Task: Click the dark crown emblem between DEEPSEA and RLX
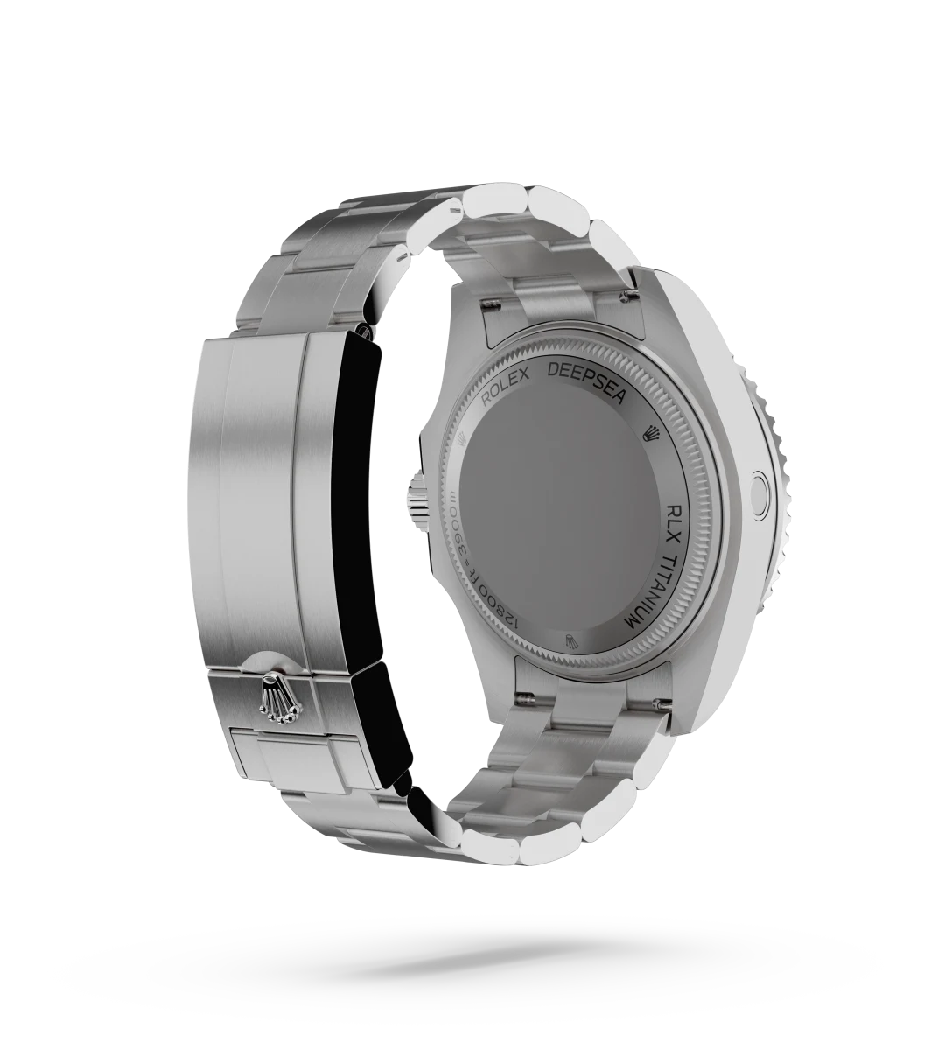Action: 652,433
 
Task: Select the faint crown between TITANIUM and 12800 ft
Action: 571,642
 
